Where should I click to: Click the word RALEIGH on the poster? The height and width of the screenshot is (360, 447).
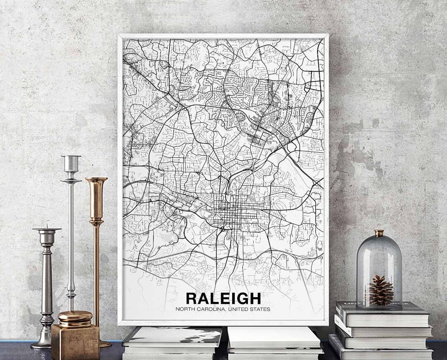[x=223, y=298]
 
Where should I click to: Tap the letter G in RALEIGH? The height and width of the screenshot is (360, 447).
[x=240, y=298]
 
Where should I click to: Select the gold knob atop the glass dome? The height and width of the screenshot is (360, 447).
[x=379, y=233]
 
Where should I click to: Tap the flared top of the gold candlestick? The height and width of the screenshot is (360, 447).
[x=96, y=180]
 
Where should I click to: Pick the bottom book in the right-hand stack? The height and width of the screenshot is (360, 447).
[x=381, y=353]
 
